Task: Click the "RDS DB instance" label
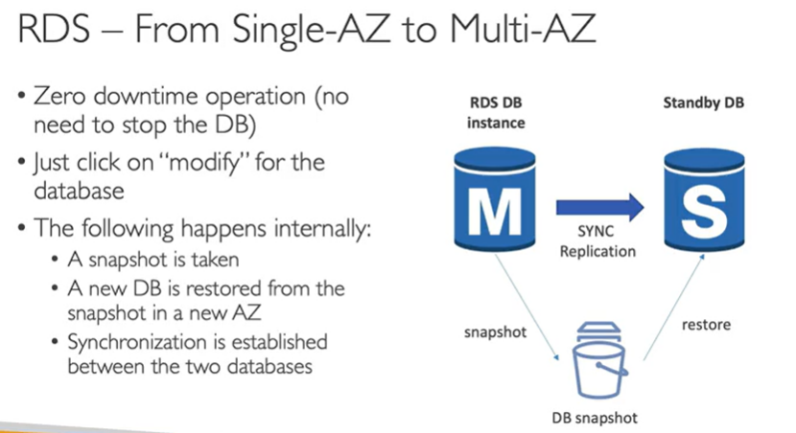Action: (496, 111)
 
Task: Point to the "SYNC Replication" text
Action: (597, 242)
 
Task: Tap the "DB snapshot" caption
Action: (595, 418)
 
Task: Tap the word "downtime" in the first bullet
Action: (157, 97)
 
